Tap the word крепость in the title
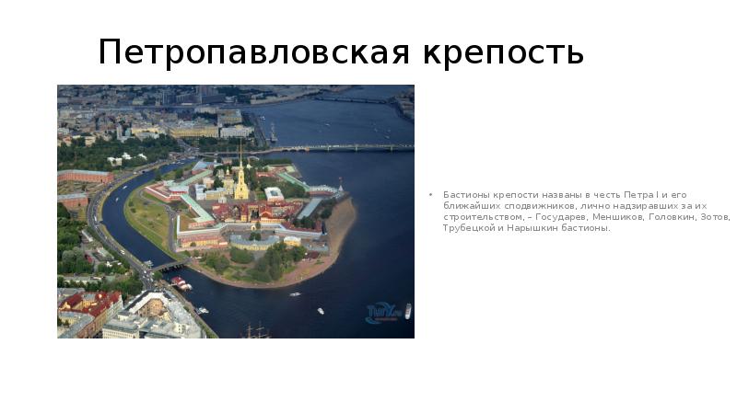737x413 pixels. (x=504, y=52)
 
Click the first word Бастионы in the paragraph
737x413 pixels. (x=463, y=195)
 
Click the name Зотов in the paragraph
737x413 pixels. (x=714, y=217)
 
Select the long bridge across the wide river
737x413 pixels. (x=341, y=147)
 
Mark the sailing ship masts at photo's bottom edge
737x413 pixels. (x=255, y=330)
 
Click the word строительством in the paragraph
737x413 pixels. (x=477, y=217)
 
